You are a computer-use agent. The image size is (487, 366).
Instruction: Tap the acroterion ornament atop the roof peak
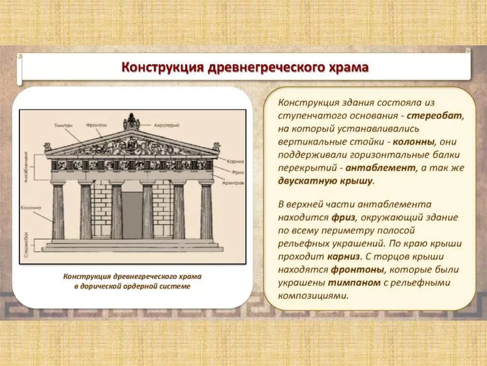click(131, 122)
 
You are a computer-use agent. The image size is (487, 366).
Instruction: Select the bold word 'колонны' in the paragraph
click(419, 142)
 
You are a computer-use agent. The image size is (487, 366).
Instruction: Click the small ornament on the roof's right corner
click(216, 146)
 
